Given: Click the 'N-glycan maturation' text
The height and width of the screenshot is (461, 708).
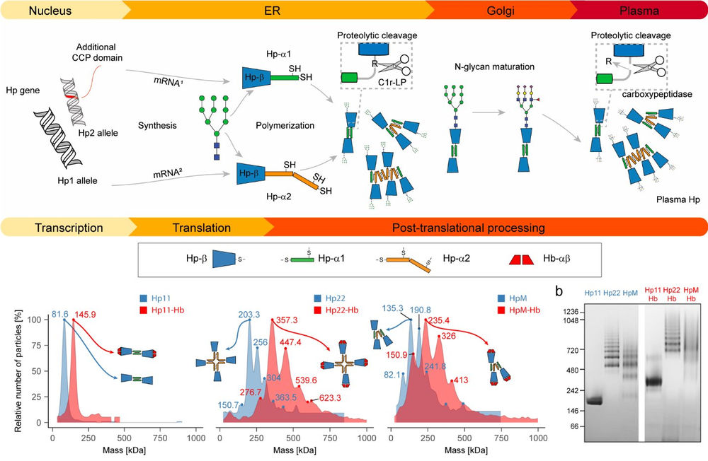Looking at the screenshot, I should pos(494,68).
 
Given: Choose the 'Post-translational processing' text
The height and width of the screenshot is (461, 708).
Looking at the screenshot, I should pos(468,228).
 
